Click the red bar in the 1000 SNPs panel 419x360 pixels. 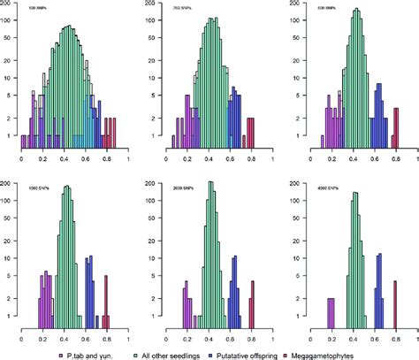click(106, 301)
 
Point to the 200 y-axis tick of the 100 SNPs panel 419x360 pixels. click(11, 10)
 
